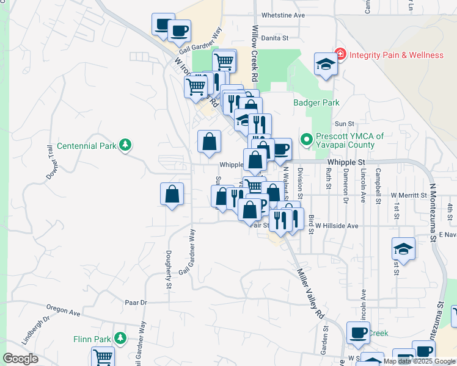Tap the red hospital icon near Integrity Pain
pyautogui.click(x=340, y=55)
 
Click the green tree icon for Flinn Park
pyautogui.click(x=121, y=338)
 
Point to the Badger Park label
pyautogui.click(x=316, y=103)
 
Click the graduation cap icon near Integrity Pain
pyautogui.click(x=326, y=64)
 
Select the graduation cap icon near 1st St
pyautogui.click(x=404, y=248)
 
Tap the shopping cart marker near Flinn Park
pyautogui.click(x=103, y=357)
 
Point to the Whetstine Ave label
pyautogui.click(x=282, y=15)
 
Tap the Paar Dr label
pyautogui.click(x=136, y=302)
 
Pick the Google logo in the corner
pyautogui.click(x=20, y=359)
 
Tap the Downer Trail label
pyautogui.click(x=51, y=162)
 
